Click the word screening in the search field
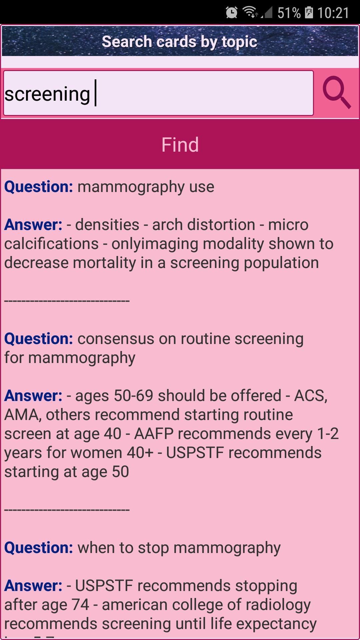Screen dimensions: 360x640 pos(47,94)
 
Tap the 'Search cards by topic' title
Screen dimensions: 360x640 pos(179,42)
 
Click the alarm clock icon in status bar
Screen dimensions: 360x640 pos(232,13)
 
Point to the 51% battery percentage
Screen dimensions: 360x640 pos(289,13)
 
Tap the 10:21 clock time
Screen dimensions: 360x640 pos(333,13)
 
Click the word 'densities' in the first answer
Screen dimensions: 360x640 pos(107,225)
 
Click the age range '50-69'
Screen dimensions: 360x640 pos(133,396)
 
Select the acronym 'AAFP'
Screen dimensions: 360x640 pos(154,434)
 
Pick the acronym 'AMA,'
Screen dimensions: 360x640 pos(23,415)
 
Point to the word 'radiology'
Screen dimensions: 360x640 pos(275,605)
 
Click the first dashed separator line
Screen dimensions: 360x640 pos(67,301)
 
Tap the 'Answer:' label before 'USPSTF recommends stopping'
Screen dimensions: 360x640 pos(33,586)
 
